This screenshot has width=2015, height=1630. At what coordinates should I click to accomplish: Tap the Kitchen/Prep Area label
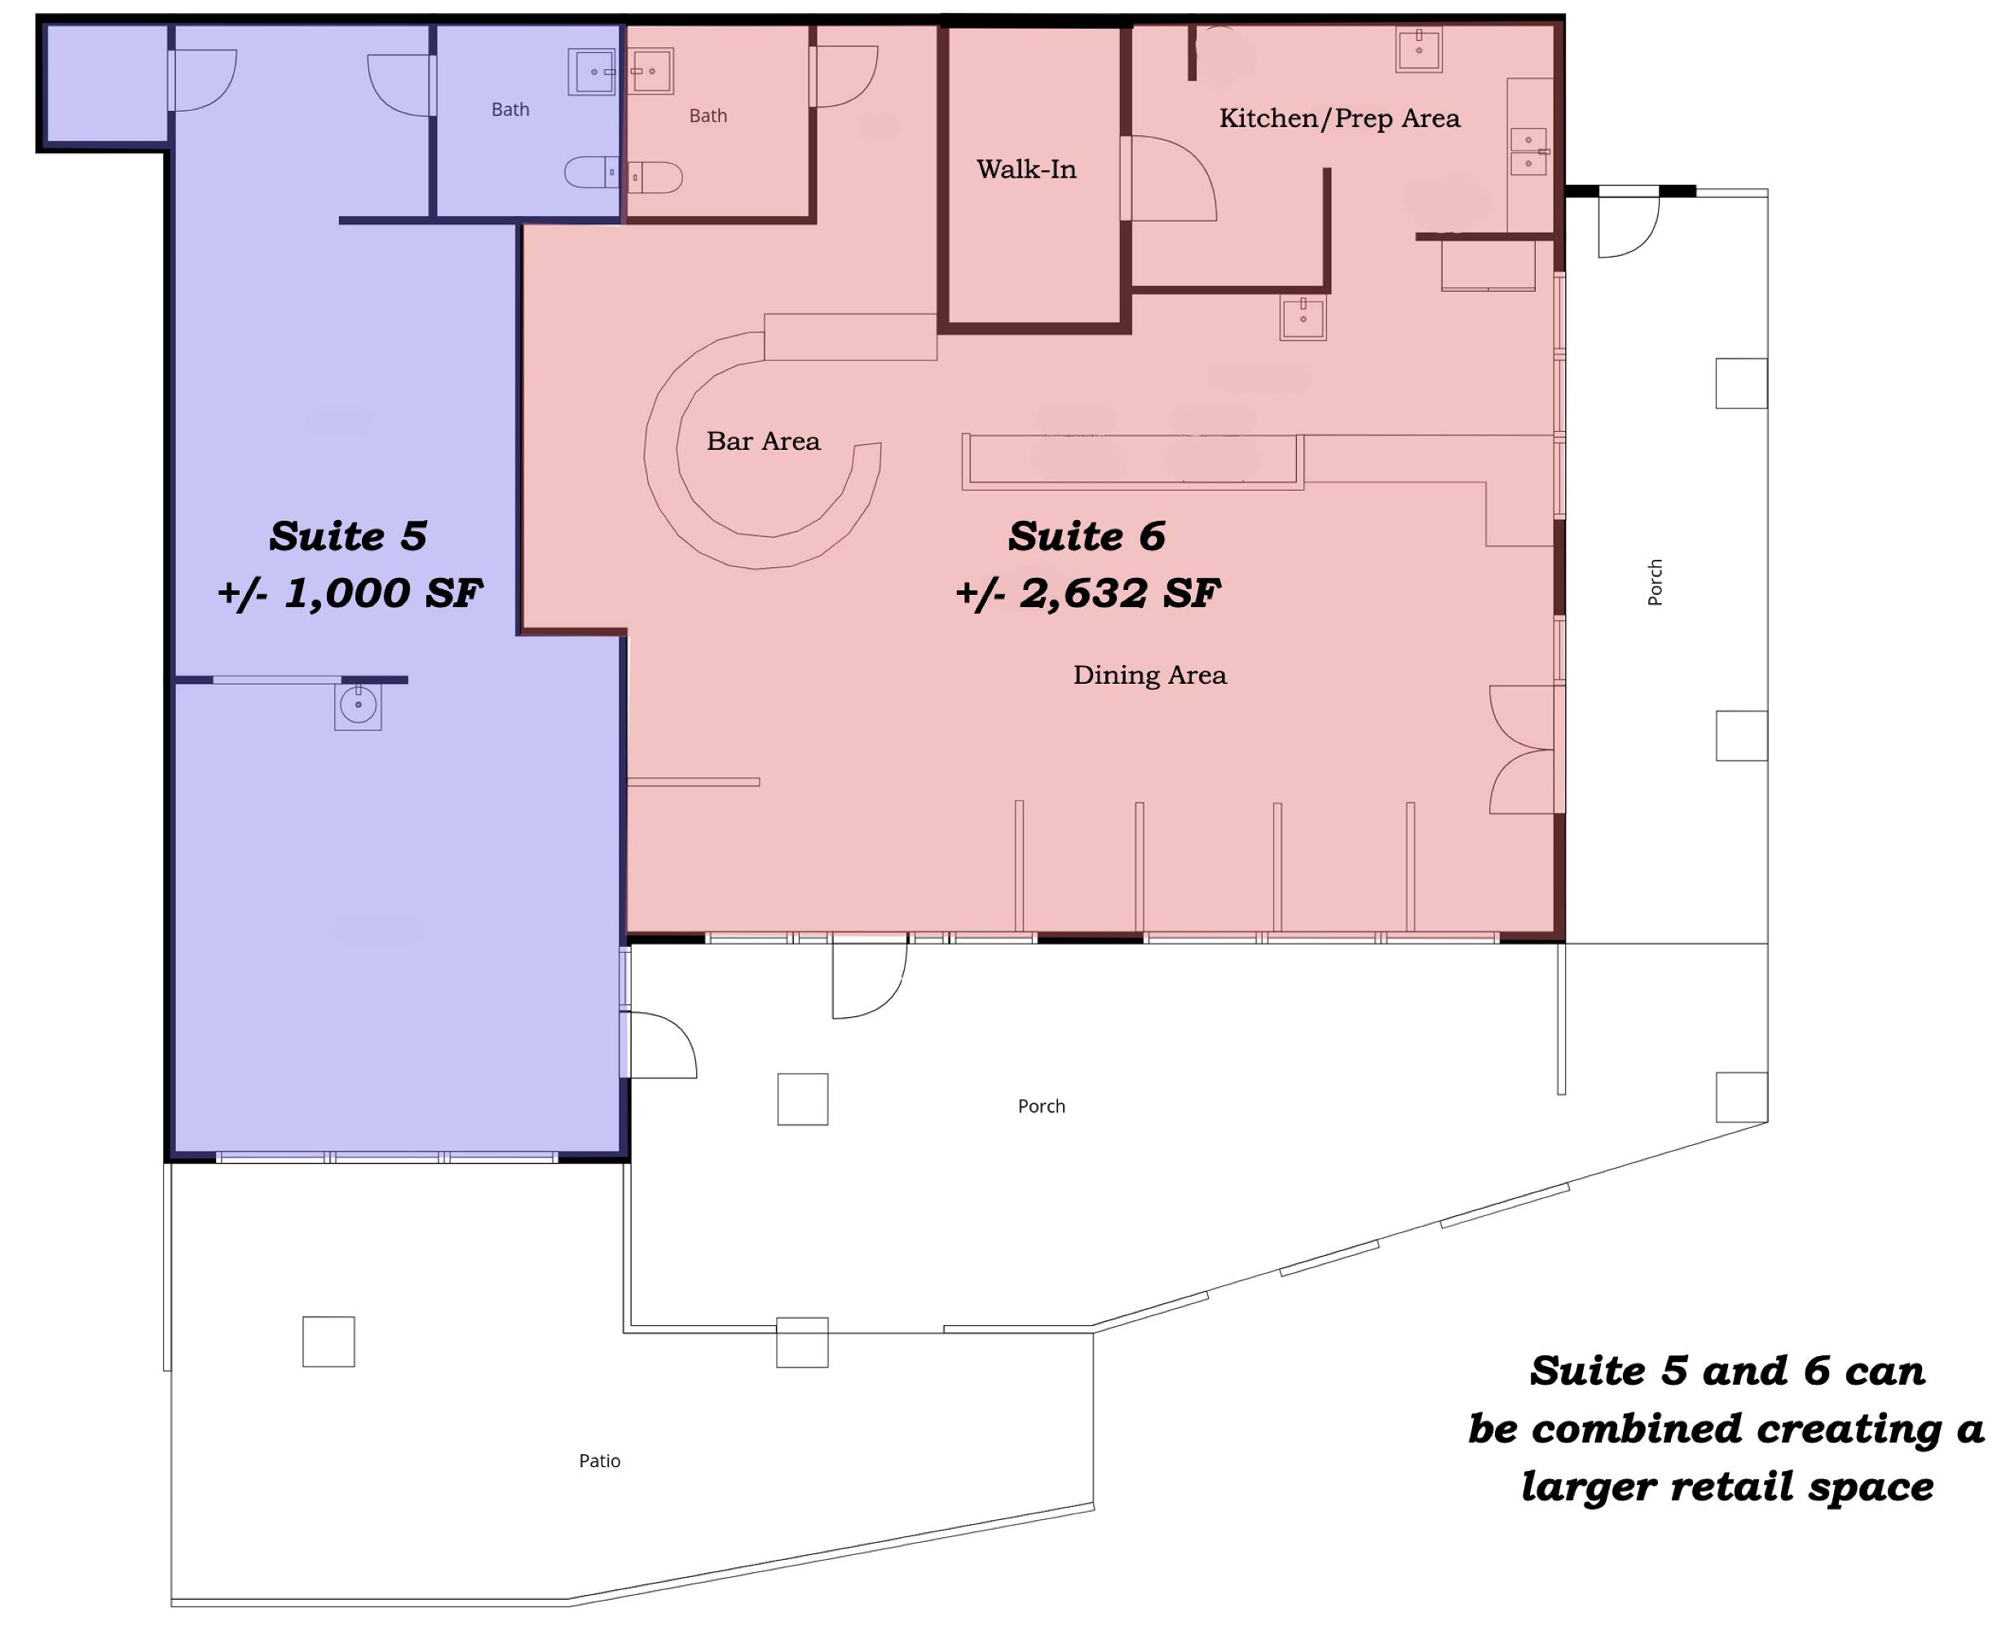(x=1339, y=118)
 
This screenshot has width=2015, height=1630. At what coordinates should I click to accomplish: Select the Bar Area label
(x=764, y=441)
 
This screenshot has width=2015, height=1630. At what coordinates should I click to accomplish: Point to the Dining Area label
(x=1149, y=675)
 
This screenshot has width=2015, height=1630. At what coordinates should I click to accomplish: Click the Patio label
(x=599, y=1460)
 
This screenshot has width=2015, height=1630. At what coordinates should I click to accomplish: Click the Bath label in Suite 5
(x=509, y=110)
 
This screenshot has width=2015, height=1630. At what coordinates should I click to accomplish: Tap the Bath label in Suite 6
(x=708, y=116)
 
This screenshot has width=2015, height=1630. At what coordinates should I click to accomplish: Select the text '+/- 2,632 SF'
(x=1087, y=593)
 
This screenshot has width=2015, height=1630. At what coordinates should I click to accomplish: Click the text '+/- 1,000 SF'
(x=350, y=593)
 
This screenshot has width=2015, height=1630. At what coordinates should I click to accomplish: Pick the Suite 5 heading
(x=348, y=536)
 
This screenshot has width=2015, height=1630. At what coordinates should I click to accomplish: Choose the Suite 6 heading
(x=1087, y=536)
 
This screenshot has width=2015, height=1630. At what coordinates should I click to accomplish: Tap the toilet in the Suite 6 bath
(x=655, y=178)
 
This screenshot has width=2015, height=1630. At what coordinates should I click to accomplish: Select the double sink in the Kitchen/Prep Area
(x=1528, y=151)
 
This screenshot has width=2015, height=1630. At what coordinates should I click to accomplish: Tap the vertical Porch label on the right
(x=1656, y=582)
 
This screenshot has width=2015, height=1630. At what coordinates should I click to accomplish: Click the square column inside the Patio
(x=328, y=1341)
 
